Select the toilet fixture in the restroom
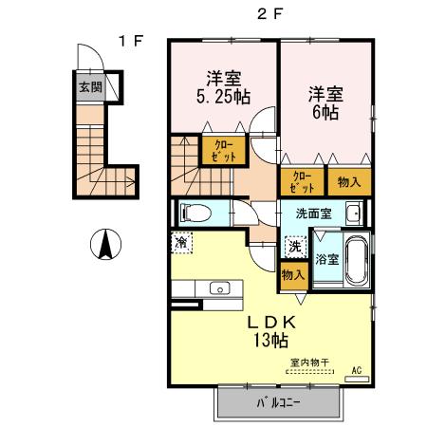pos(197,213)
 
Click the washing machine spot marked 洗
pos(295,246)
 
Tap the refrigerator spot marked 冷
pos(181,242)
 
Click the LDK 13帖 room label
pos(268,330)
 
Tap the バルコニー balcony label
pos(278,403)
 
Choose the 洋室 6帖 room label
pos(325,102)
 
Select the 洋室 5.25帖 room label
pos(223,86)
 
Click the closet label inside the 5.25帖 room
pos(223,149)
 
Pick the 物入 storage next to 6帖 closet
pos(349,180)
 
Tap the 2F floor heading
pos(269,13)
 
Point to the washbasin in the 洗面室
pos(353,212)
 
